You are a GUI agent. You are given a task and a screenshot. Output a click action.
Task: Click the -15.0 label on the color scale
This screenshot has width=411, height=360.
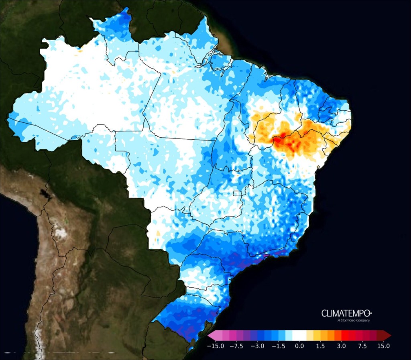pos(216,346)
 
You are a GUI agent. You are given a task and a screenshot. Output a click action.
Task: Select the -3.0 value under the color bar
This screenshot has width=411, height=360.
pos(258,346)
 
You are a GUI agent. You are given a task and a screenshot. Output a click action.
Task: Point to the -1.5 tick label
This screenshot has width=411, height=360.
pos(278,346)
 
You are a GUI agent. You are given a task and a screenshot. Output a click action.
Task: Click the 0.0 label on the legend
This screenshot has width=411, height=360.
pos(299,346)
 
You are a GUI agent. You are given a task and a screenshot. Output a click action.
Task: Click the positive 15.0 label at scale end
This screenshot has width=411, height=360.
pos(383,346)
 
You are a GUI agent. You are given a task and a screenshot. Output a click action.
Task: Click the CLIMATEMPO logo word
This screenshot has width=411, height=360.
pos(346,313)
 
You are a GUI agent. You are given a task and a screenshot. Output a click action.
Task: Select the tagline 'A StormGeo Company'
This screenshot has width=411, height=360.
pos(353,321)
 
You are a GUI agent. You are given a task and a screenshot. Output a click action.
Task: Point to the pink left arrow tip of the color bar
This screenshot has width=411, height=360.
pos(210,336)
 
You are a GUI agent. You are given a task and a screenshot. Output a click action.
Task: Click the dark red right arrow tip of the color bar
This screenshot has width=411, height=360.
pos(388,336)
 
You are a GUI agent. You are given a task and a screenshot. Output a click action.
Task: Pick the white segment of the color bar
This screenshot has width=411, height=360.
pos(299,336)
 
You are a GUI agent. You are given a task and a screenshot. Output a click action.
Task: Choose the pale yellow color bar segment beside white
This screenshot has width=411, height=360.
pos(309,336)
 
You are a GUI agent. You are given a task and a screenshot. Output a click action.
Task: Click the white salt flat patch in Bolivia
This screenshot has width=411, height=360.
pos(60,233)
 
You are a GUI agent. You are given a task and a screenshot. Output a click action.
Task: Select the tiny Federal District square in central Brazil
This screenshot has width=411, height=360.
pos(238,193)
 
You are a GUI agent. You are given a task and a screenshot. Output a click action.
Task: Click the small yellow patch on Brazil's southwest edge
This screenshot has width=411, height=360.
pos(158,233)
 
